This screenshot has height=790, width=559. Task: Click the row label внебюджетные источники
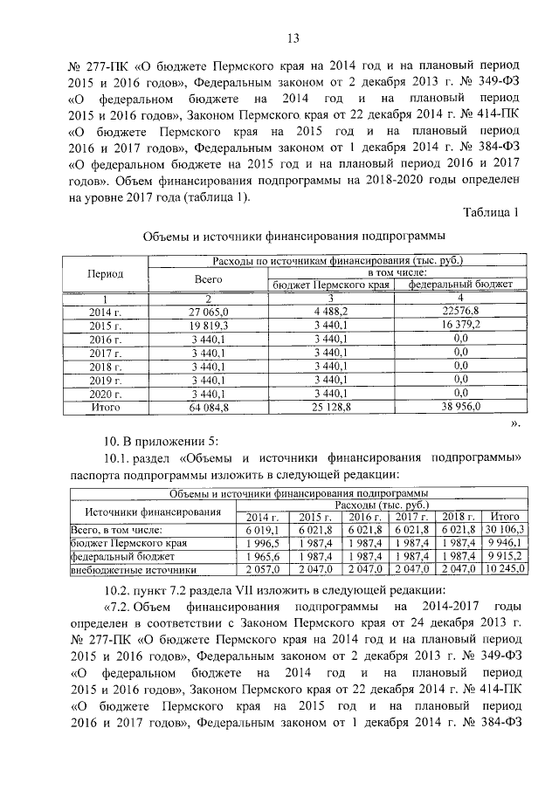(x=132, y=570)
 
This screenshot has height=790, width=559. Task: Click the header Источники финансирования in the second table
(x=140, y=511)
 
